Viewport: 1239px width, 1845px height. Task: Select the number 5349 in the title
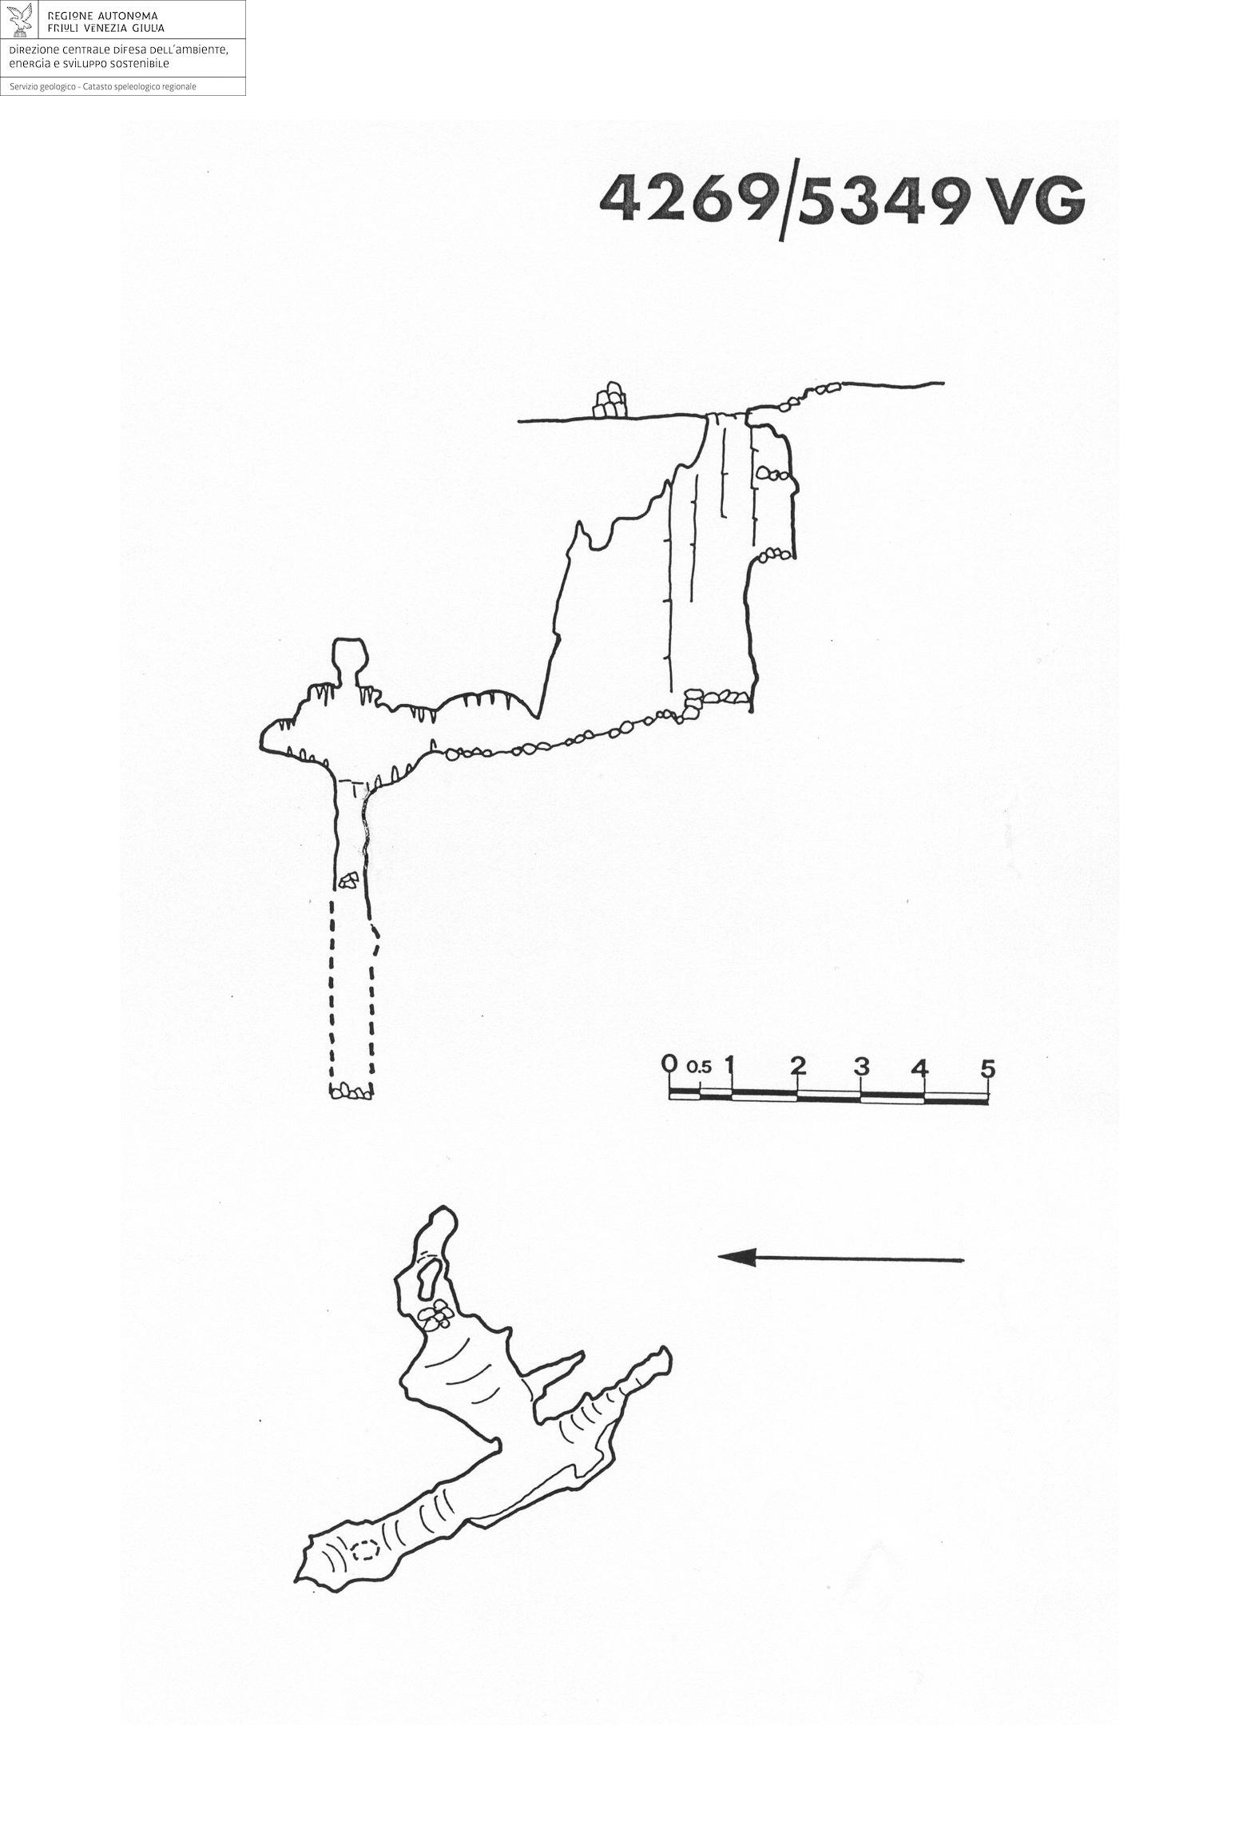tap(882, 199)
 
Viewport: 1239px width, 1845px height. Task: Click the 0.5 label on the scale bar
tap(697, 1067)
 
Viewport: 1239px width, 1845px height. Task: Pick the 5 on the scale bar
tap(987, 1068)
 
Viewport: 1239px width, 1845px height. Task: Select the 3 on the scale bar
tap(860, 1066)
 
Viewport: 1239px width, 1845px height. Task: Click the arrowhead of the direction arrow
tap(736, 1257)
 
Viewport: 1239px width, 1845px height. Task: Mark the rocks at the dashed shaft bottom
tap(350, 1090)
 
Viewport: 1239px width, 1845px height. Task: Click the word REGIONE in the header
tap(69, 16)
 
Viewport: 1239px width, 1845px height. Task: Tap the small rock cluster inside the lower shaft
tap(347, 881)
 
